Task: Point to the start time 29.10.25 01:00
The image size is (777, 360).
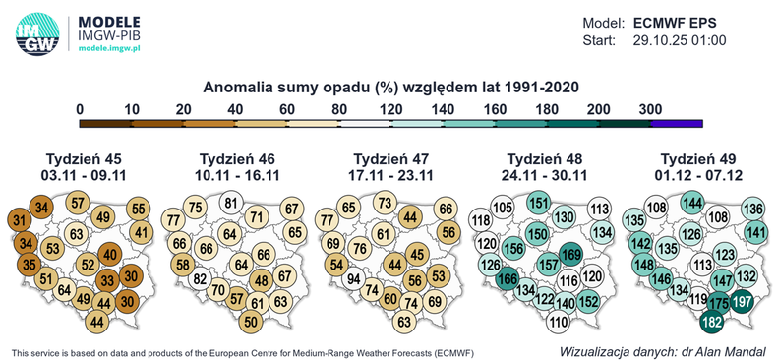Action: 679,40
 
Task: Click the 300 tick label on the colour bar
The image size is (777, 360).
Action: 650,108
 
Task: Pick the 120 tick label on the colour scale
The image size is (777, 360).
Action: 392,108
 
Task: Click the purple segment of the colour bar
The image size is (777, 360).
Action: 676,123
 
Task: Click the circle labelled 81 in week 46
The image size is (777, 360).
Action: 232,204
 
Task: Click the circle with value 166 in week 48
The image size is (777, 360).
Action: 508,279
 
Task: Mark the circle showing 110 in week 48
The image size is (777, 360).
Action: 559,321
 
